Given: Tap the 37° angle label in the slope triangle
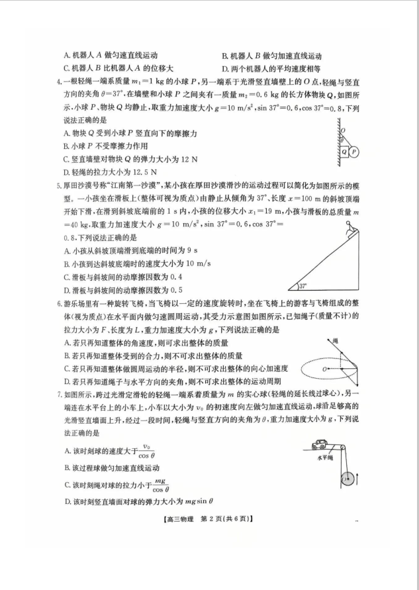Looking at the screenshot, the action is [303, 287].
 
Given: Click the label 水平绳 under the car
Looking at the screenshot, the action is [324, 457].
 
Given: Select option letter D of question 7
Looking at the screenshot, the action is [68, 501].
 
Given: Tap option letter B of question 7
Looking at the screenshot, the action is [68, 467].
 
